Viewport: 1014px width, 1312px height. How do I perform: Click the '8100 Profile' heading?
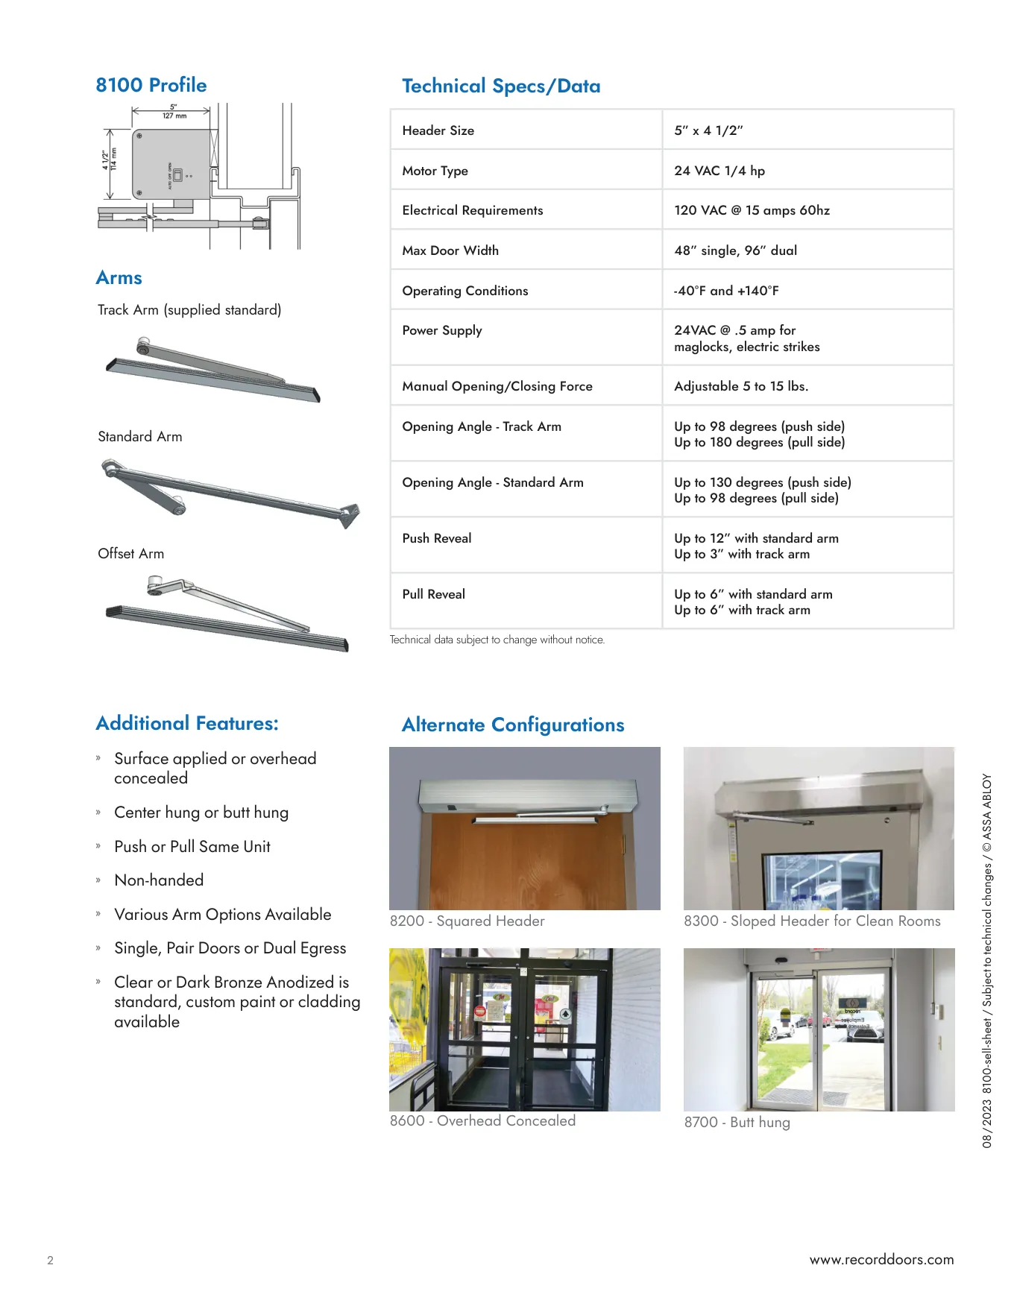[151, 85]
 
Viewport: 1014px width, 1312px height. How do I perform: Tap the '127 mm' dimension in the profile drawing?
[174, 116]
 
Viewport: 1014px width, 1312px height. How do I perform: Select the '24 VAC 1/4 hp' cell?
[719, 171]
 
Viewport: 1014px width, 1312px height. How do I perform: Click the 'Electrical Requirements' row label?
[473, 210]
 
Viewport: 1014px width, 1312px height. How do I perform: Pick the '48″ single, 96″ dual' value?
[735, 250]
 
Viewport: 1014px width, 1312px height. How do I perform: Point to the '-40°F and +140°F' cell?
[726, 291]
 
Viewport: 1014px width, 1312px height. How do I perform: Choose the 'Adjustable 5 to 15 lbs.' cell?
[741, 386]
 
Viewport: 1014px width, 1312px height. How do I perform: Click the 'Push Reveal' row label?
[437, 538]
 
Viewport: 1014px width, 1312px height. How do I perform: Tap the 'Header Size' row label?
[438, 130]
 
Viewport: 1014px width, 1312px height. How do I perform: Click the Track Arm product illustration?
[213, 370]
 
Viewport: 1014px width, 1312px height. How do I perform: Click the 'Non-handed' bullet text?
[159, 880]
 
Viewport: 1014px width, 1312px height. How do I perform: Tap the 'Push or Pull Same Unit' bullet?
[192, 847]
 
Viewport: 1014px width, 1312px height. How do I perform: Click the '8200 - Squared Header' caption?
[467, 921]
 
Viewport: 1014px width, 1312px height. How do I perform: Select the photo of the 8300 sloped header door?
[819, 828]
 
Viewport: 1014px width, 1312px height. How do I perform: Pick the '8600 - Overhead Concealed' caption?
[483, 1121]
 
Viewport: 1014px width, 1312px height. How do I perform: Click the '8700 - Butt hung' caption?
[737, 1123]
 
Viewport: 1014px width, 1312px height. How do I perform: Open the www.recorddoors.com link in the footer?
[881, 1260]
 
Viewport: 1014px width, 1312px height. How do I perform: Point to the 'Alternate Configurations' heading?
[513, 725]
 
